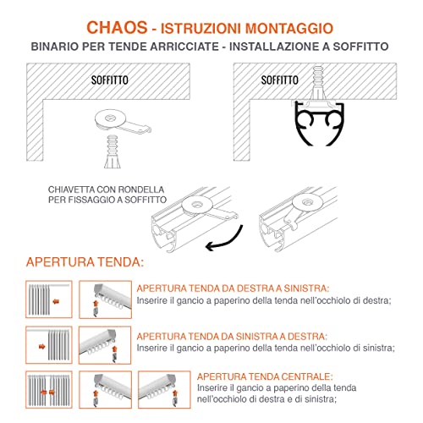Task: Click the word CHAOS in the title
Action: [117, 28]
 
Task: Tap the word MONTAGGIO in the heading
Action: [289, 29]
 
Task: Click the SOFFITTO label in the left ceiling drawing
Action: [110, 80]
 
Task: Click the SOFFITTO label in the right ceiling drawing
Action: [279, 80]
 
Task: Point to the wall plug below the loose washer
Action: [113, 151]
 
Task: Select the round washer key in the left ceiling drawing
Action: [121, 122]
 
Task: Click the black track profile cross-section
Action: [320, 124]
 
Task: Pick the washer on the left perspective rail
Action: [196, 205]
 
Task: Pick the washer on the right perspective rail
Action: [307, 202]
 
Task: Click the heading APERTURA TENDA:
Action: [85, 262]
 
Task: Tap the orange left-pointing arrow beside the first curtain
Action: [56, 302]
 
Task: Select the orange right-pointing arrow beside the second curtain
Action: [42, 347]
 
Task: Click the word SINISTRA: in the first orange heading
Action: [306, 288]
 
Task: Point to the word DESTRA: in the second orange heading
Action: [307, 337]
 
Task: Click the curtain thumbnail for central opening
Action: [49, 390]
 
